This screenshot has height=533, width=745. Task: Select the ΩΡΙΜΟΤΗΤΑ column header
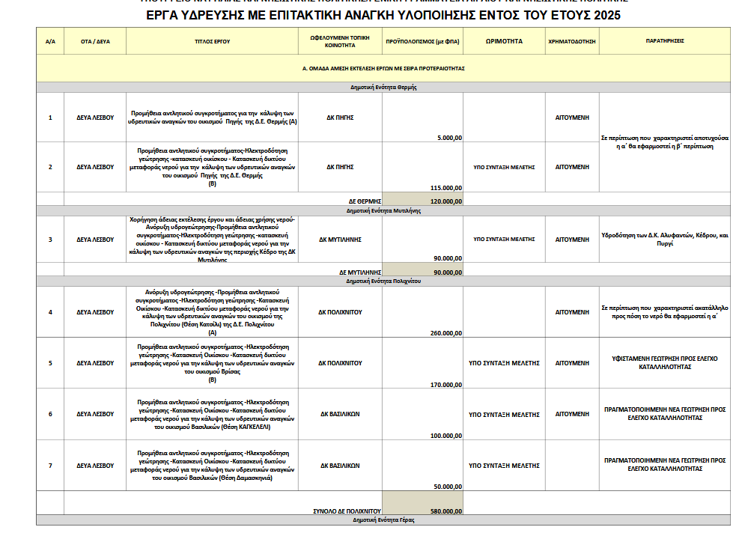point(504,41)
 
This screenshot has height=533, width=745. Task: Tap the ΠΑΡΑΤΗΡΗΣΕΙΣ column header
point(665,41)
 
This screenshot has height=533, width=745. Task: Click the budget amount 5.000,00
point(447,137)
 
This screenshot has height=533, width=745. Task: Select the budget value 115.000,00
point(445,187)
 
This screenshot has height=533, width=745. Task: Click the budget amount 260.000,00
point(445,332)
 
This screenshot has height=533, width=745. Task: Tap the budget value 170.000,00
point(445,384)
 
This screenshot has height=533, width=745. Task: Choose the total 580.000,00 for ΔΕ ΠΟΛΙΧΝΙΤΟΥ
point(445,511)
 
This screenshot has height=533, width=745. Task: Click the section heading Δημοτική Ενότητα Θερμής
point(383,87)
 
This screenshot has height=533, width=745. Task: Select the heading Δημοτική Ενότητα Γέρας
point(383,520)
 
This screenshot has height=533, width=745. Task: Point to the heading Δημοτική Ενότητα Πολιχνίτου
point(384,281)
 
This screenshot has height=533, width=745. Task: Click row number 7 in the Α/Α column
point(50,466)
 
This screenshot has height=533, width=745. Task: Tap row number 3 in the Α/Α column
point(50,240)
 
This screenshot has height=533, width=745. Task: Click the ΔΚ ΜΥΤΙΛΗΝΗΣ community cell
point(341,240)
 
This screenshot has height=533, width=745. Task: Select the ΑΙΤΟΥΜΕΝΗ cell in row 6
point(571,414)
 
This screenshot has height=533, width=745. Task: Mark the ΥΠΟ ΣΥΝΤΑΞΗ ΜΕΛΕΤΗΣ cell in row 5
point(504,362)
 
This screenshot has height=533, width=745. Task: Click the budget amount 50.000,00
point(447,487)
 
